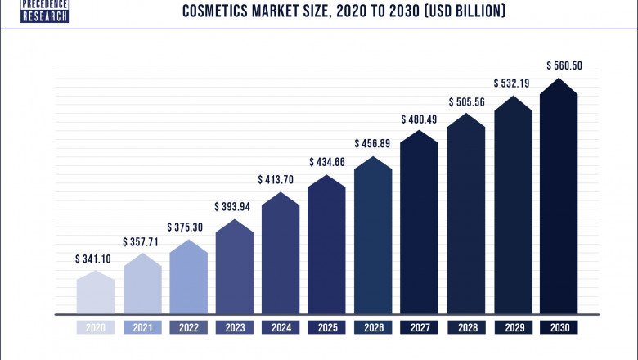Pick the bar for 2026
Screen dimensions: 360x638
[x=373, y=237]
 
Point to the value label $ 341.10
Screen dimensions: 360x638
[x=95, y=259]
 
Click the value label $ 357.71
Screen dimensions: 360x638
[x=142, y=242]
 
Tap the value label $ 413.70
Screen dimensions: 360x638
[x=280, y=180]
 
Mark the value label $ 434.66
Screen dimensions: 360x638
[x=326, y=162]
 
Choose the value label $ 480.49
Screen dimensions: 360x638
[x=419, y=119]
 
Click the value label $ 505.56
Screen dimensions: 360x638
[x=465, y=102]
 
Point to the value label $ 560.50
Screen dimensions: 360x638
[x=559, y=65]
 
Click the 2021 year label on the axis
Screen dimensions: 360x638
[x=142, y=327]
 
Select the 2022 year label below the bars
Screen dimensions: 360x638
[x=188, y=327]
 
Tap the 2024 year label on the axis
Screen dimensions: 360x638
[x=281, y=327]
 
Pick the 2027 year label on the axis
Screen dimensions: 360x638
[x=420, y=327]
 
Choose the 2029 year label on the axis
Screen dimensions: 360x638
[x=512, y=327]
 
